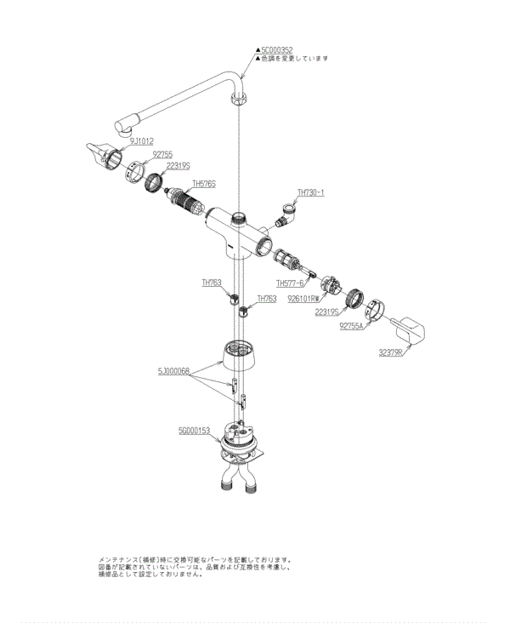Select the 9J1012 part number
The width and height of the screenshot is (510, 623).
pyautogui.click(x=141, y=140)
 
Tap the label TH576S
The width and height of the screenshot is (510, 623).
pyautogui.click(x=204, y=183)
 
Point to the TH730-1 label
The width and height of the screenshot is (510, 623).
pyautogui.click(x=311, y=192)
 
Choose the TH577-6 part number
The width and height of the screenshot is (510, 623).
pyautogui.click(x=290, y=283)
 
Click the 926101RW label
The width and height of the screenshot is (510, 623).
pyautogui.click(x=303, y=299)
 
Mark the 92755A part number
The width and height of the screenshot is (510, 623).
pyautogui.click(x=351, y=325)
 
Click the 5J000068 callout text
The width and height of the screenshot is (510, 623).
pyautogui.click(x=173, y=372)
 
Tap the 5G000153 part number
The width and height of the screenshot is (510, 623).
pyautogui.click(x=195, y=431)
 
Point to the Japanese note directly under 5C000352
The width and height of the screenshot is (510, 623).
pyautogui.click(x=294, y=59)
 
